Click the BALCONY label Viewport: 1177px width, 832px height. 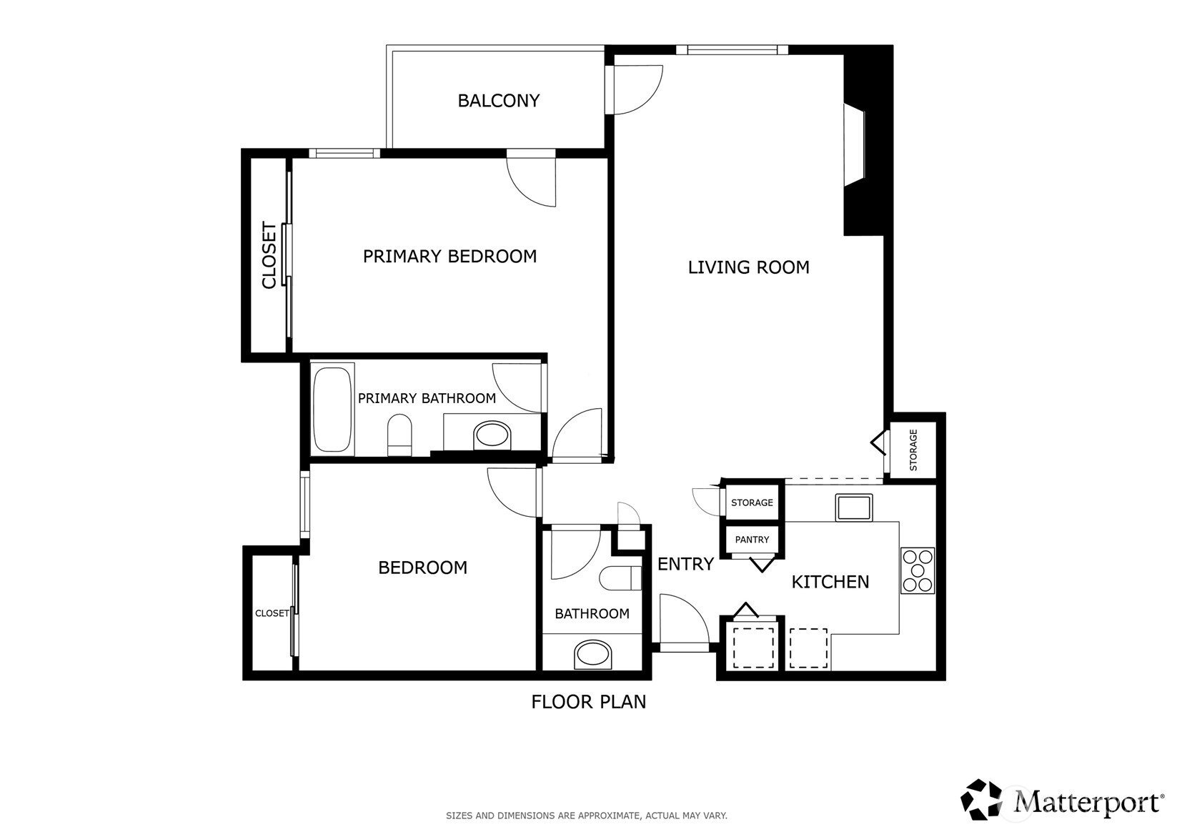[x=499, y=100]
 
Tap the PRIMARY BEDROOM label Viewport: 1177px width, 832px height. [x=450, y=257]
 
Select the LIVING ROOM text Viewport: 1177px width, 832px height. [x=748, y=267]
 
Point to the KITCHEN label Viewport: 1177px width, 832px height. [x=830, y=582]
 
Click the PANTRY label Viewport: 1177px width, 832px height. [x=752, y=540]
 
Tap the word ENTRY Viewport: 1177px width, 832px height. [x=686, y=564]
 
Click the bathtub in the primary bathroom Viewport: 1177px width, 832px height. [x=332, y=409]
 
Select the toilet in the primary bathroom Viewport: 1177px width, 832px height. [x=399, y=435]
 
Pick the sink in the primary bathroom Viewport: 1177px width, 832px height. [x=492, y=435]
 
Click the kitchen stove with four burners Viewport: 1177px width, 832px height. [x=918, y=571]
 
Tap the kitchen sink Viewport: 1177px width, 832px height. [x=854, y=507]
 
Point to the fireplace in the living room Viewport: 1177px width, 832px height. [x=855, y=144]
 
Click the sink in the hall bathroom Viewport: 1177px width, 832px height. [x=592, y=654]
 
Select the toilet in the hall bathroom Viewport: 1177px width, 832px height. [x=620, y=578]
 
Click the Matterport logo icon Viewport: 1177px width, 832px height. [x=981, y=799]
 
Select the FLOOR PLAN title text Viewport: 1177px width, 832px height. [x=589, y=702]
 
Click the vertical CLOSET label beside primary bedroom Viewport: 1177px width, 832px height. [x=269, y=255]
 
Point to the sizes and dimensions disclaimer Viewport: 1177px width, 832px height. [x=587, y=816]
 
